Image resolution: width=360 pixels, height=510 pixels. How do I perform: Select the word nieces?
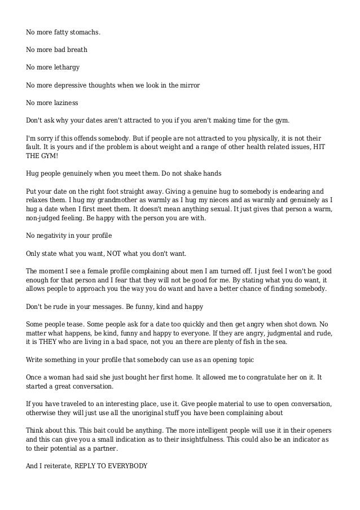[x=232, y=199]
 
